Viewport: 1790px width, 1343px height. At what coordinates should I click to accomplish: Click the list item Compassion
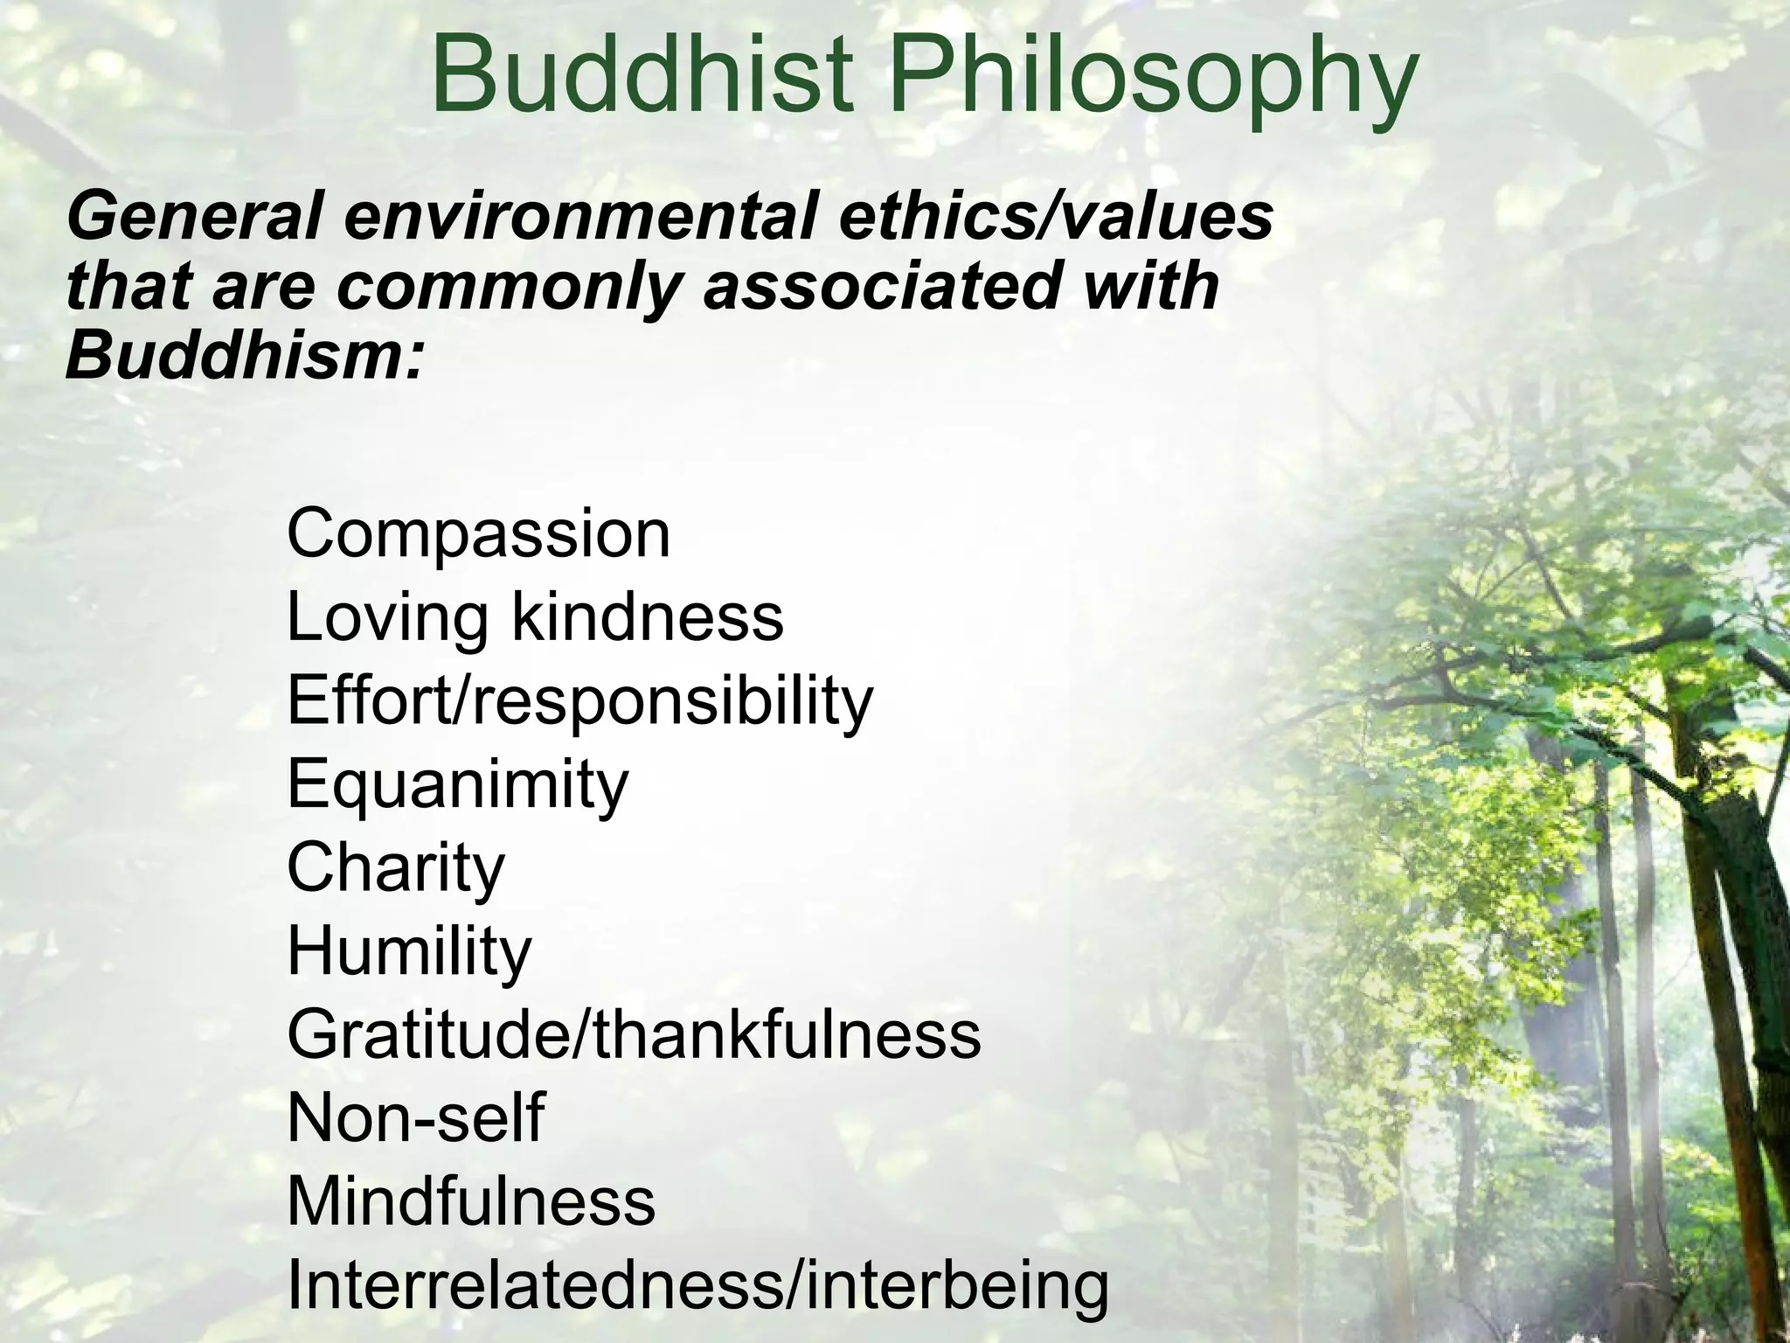pyautogui.click(x=478, y=533)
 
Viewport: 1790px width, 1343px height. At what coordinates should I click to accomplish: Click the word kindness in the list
pyautogui.click(x=648, y=616)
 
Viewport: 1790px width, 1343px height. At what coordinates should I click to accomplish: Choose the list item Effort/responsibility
pyautogui.click(x=579, y=702)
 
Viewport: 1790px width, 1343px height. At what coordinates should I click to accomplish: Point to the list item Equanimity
pyautogui.click(x=457, y=785)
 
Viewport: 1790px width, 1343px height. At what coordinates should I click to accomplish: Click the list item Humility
pyautogui.click(x=408, y=952)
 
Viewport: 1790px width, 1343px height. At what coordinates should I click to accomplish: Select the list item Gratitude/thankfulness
pyautogui.click(x=634, y=1035)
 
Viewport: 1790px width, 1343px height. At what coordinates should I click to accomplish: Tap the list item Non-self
pyautogui.click(x=415, y=1118)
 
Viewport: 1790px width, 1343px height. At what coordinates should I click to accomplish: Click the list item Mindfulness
pyautogui.click(x=470, y=1201)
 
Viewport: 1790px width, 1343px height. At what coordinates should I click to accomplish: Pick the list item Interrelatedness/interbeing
pyautogui.click(x=697, y=1286)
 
